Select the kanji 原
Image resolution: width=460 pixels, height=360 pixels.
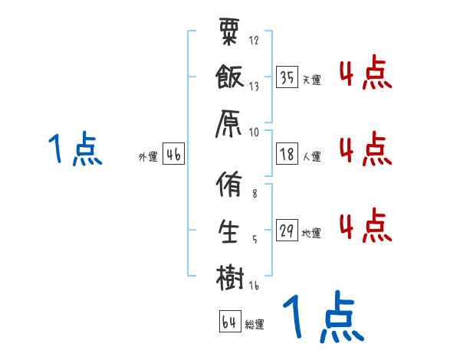[230, 122]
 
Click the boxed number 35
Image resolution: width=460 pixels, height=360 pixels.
[287, 77]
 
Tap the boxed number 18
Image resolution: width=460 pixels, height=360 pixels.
[287, 155]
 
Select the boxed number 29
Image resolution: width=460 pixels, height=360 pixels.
[287, 231]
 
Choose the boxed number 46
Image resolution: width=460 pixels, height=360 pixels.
[173, 155]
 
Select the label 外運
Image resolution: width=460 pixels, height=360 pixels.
[148, 157]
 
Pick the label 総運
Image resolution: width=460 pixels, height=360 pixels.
[255, 324]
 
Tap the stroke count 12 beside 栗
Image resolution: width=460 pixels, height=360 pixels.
[255, 40]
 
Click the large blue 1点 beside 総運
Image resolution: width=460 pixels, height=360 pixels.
[322, 318]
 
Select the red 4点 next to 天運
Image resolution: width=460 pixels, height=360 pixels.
[366, 75]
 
